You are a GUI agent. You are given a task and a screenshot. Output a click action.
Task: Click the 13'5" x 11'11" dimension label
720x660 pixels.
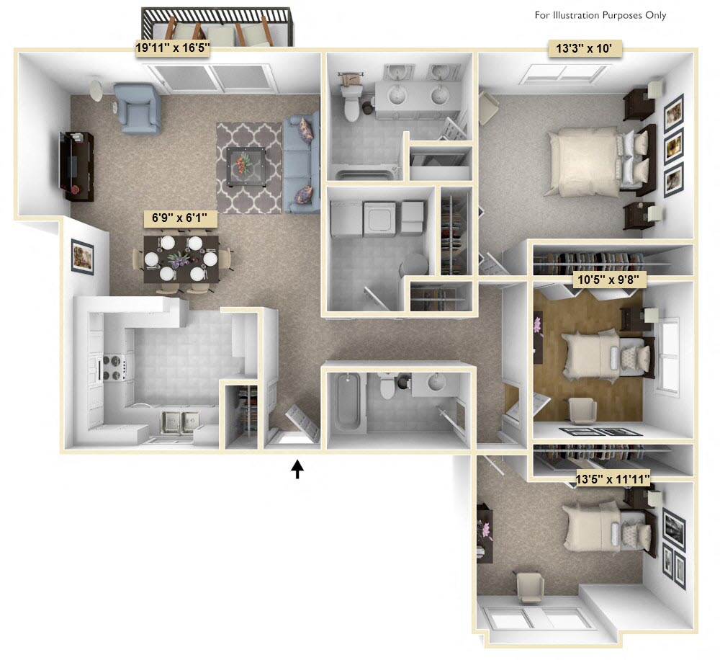coord(613,478)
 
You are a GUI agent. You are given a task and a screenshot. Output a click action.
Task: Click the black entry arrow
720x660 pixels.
coord(297,470)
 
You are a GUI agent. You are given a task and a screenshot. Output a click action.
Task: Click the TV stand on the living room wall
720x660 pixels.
coord(77,165)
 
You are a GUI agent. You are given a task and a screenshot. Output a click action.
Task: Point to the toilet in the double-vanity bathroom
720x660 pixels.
coord(352,102)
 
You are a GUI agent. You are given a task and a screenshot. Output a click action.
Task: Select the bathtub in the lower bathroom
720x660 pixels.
coord(347,404)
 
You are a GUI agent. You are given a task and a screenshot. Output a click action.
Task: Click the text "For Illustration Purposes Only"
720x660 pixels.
coord(600,15)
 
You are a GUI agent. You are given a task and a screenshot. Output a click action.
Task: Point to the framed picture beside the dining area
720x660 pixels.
coord(82,256)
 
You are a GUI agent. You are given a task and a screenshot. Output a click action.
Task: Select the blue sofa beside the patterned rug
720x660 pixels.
coord(302,163)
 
